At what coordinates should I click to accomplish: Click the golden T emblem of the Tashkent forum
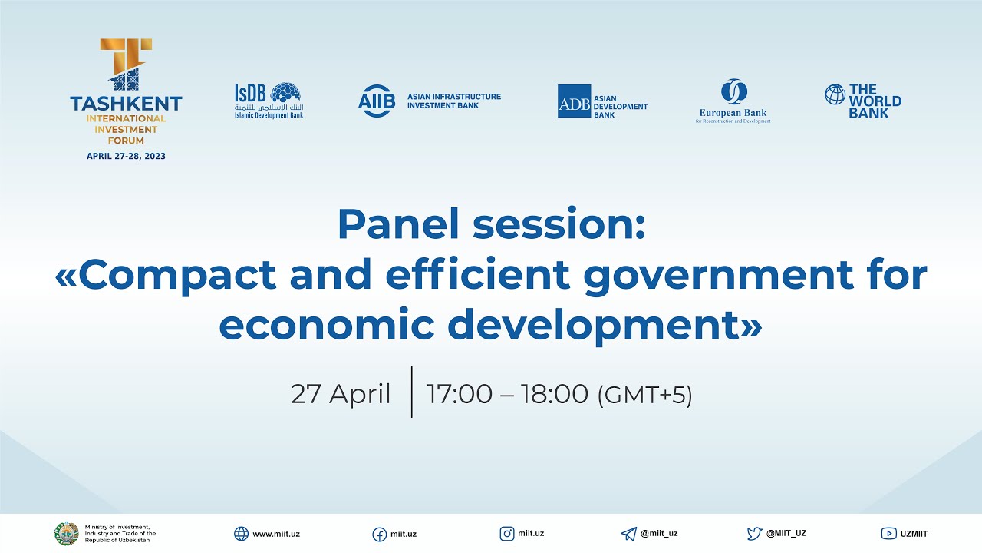[126, 65]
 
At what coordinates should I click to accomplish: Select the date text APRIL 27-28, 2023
[126, 156]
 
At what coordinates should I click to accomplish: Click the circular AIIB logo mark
[376, 101]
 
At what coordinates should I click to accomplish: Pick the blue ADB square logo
[574, 101]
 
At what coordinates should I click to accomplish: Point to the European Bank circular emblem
[733, 92]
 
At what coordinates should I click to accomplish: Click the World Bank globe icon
[835, 94]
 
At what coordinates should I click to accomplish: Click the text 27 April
[341, 394]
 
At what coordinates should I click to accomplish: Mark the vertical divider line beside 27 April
[412, 392]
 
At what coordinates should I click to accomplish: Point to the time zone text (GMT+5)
[644, 395]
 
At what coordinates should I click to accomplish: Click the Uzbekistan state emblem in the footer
[66, 533]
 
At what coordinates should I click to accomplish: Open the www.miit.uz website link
[275, 534]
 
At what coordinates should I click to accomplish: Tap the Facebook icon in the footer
[379, 534]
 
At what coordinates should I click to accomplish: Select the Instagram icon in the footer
[507, 533]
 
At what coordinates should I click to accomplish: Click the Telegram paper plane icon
[629, 534]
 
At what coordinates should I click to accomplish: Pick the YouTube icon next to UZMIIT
[888, 534]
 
